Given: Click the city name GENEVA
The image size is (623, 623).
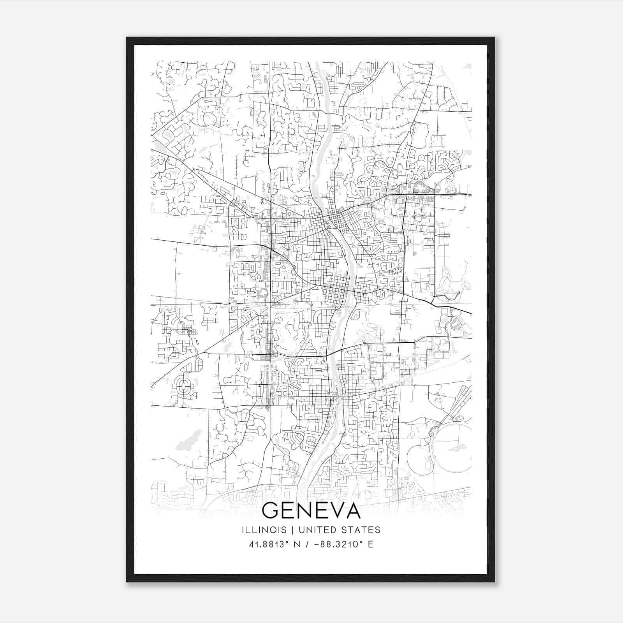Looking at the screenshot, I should coord(311,510).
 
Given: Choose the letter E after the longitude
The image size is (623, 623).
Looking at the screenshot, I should coord(371,544).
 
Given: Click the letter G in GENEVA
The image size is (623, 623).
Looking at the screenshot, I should coord(270,510).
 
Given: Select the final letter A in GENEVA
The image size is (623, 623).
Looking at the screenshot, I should coord(353,510).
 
